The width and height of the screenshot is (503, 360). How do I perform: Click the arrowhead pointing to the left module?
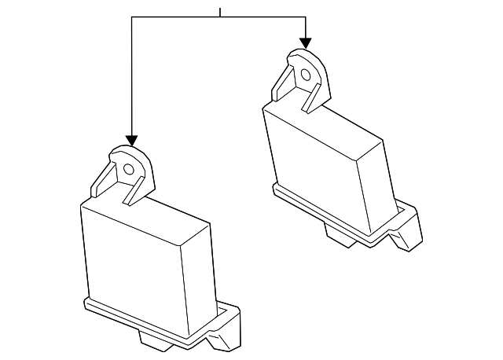click(x=132, y=139)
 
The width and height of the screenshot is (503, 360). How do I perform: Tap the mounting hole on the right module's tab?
click(x=305, y=75)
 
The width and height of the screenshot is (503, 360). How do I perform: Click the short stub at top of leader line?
click(x=221, y=12)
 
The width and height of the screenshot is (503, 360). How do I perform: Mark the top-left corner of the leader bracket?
click(x=133, y=17)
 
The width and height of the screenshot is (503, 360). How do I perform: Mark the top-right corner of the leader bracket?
click(x=306, y=17)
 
